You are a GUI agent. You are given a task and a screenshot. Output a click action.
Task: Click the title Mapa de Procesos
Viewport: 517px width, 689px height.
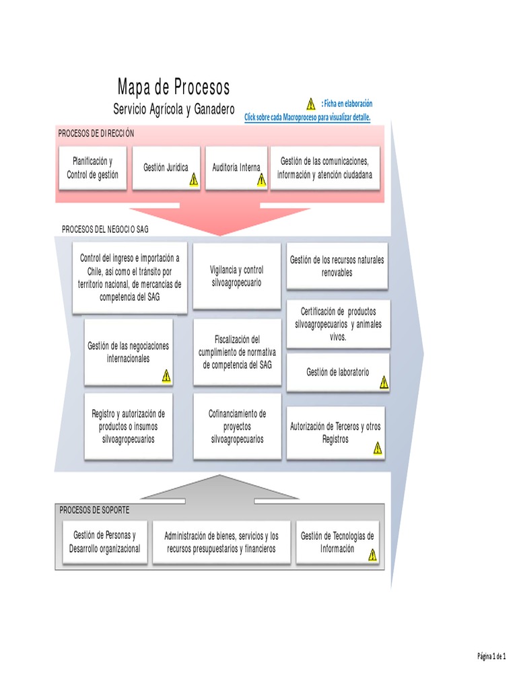pos(174,87)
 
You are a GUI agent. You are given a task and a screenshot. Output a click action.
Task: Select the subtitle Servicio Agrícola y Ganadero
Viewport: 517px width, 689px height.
pos(174,109)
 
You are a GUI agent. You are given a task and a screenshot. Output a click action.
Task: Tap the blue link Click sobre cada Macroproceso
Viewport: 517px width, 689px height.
pos(307,117)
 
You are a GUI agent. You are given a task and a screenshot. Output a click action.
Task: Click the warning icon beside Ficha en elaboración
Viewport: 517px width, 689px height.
pos(310,104)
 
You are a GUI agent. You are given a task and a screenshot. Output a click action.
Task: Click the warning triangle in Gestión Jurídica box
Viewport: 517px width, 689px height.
pos(193,179)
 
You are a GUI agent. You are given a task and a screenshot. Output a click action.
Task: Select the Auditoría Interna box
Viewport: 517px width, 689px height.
pos(236,168)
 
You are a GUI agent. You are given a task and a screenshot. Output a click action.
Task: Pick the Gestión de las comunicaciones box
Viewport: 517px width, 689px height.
pos(324,168)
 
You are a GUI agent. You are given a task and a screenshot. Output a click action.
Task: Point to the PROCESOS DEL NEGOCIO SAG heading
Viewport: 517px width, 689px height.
pos(105,229)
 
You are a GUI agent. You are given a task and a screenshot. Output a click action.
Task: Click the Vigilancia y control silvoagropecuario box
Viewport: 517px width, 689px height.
pos(236,277)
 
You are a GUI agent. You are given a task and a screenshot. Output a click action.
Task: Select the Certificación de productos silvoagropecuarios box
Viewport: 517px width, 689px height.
pos(337,324)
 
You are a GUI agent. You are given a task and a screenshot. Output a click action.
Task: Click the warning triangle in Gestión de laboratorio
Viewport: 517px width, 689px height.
pos(383,383)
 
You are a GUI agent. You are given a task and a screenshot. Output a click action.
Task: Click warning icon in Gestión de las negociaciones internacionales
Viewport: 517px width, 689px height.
pos(166,376)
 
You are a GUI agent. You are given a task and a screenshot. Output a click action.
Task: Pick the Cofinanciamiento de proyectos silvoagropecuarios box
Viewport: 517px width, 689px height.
pos(236,427)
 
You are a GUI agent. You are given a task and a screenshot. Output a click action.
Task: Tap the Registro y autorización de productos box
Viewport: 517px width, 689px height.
pos(128,427)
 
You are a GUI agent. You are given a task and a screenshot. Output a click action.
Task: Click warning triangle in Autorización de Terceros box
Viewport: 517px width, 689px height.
pos(378,447)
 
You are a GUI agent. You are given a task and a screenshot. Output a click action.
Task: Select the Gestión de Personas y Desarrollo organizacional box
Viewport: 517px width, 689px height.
pos(104,542)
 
